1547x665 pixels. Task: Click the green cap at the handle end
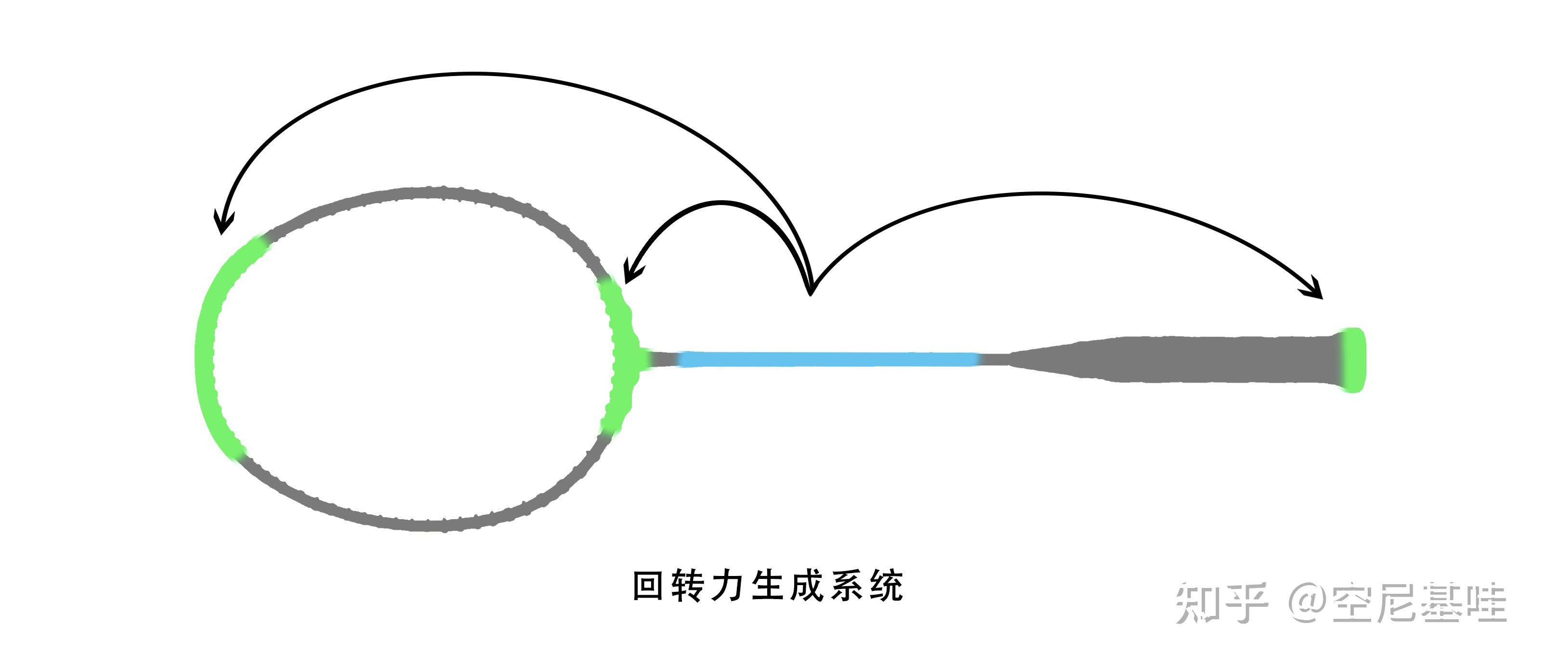pyautogui.click(x=1352, y=360)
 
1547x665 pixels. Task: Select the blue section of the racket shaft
pyautogui.click(x=829, y=359)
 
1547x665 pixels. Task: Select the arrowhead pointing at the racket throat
pyautogui.click(x=630, y=273)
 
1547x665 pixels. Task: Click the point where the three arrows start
pyautogui.click(x=810, y=293)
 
